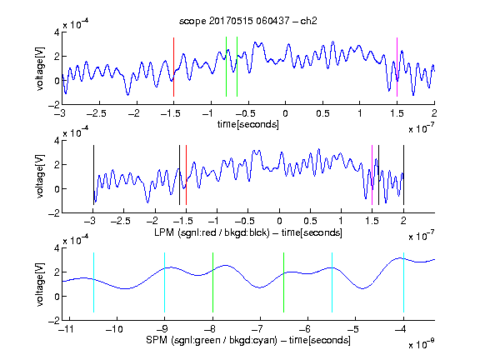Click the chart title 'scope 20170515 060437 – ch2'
pyautogui.click(x=248, y=21)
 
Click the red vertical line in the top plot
pyautogui.click(x=173, y=67)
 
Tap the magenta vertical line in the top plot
pyautogui.click(x=397, y=67)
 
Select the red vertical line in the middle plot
pyautogui.click(x=186, y=175)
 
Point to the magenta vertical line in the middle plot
pyautogui.click(x=372, y=175)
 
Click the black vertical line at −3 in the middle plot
pyautogui.click(x=93, y=175)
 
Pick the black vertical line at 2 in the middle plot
pyautogui.click(x=403, y=175)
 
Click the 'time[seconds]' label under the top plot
pyautogui.click(x=248, y=124)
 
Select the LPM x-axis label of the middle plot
pyautogui.click(x=248, y=232)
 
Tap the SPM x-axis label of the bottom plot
pyautogui.click(x=248, y=340)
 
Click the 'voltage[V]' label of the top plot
pyautogui.click(x=40, y=68)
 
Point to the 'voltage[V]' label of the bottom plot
pyautogui.click(x=40, y=284)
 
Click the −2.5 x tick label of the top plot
pyautogui.click(x=97, y=113)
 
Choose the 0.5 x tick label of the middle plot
pyautogui.click(x=310, y=221)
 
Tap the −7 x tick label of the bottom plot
pyautogui.click(x=260, y=329)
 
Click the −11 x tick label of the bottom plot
pyautogui.click(x=66, y=329)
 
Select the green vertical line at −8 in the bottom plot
pyautogui.click(x=212, y=282)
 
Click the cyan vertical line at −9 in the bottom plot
pyautogui.click(x=164, y=282)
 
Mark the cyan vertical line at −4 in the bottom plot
pyautogui.click(x=403, y=282)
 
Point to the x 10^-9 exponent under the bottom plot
pyautogui.click(x=422, y=344)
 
